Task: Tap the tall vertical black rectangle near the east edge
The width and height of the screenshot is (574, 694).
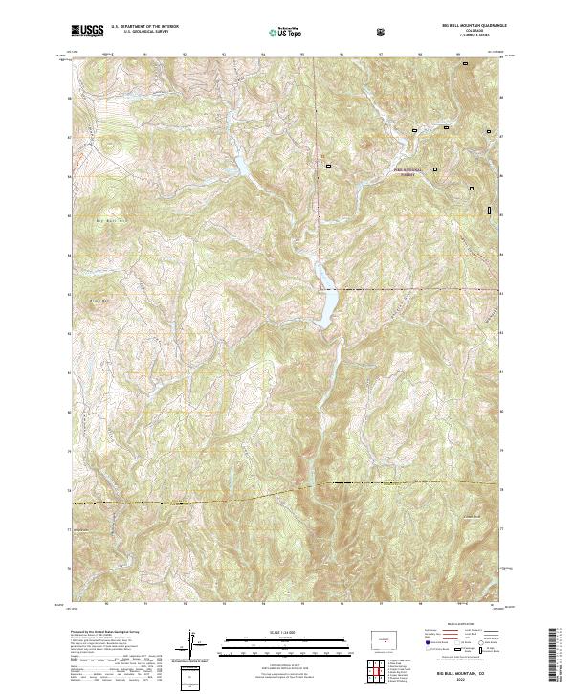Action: point(489,210)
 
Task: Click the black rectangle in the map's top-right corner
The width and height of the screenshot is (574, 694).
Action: point(466,64)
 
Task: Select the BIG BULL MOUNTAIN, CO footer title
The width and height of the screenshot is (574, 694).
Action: point(463,675)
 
